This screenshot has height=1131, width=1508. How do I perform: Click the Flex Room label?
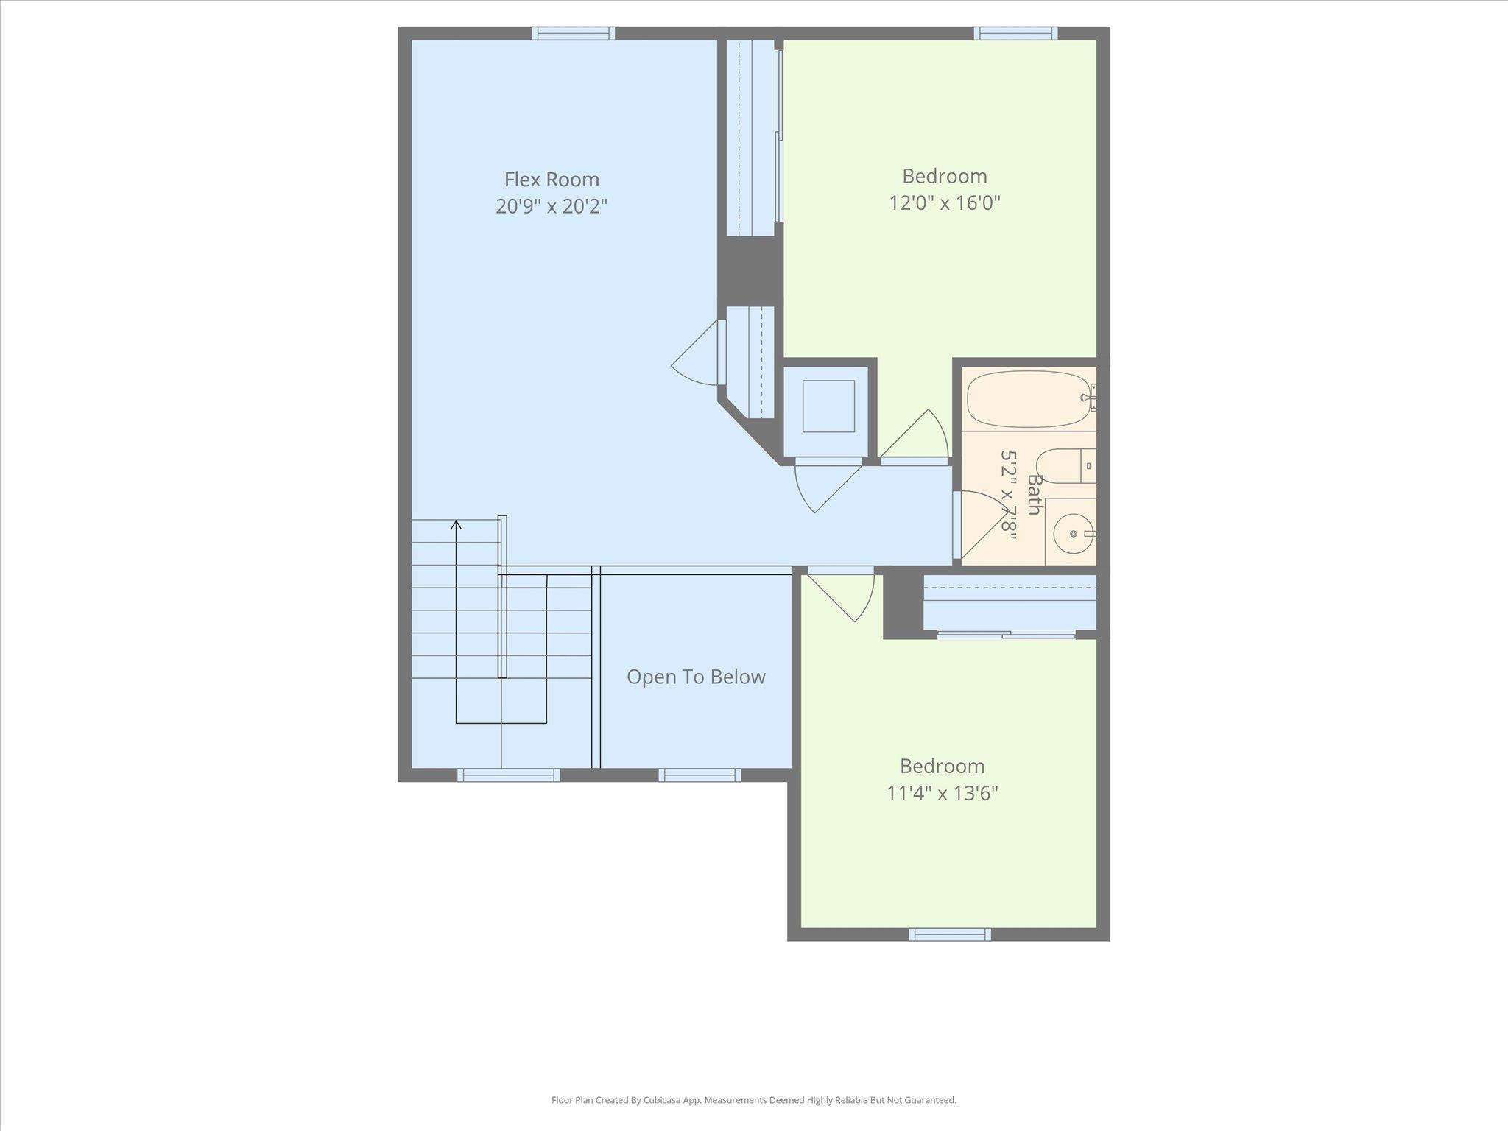point(552,180)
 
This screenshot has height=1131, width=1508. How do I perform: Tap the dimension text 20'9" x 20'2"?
point(552,206)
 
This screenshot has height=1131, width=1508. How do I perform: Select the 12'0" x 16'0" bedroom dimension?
point(945,202)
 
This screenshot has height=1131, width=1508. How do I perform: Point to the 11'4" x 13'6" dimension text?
point(942,793)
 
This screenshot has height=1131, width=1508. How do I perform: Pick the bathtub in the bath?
point(1029,398)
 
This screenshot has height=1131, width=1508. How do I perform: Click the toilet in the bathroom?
point(1066,465)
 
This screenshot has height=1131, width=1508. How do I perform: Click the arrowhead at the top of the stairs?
point(457,525)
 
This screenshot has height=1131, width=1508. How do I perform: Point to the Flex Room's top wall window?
point(573,33)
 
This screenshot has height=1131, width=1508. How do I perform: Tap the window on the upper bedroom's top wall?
point(1016,33)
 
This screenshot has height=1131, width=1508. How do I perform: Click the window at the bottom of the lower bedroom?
point(950,934)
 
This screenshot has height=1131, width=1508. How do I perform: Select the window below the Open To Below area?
point(700,775)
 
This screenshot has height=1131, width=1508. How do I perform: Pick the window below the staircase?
point(508,775)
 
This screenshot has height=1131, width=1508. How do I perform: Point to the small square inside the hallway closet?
point(828,406)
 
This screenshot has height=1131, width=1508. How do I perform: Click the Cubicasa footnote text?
point(754,1100)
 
